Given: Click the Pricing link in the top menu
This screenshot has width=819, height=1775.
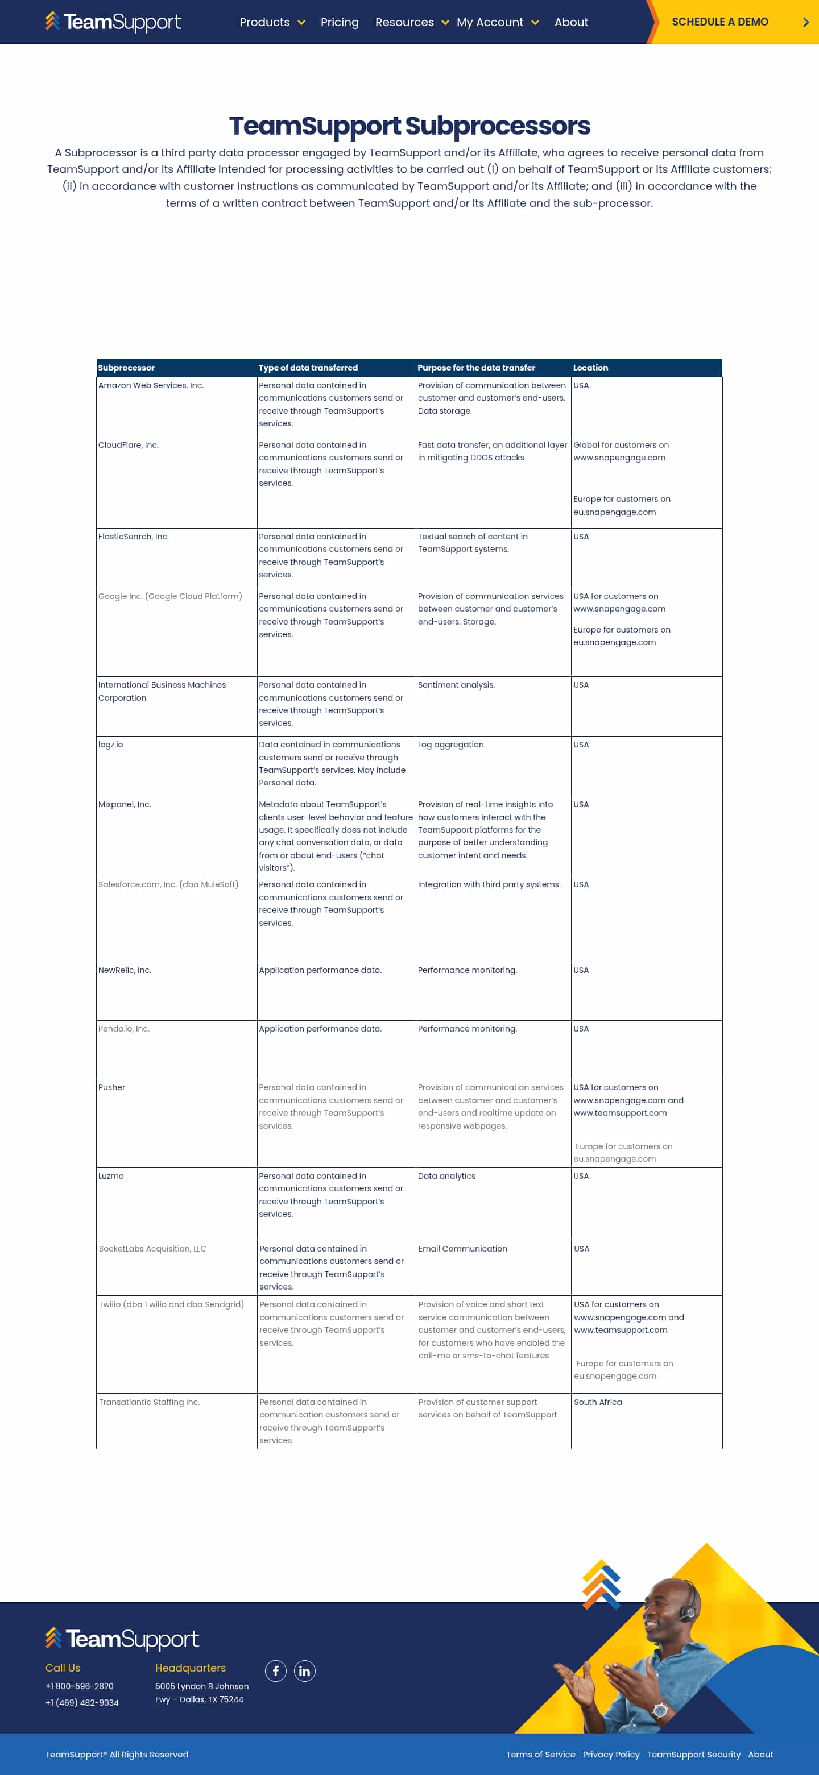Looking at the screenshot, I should click(339, 22).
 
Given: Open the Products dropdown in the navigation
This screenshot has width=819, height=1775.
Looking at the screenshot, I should click(272, 22).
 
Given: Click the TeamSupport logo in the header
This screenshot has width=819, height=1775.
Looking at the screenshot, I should click(114, 22).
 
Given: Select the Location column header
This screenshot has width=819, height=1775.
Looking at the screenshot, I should click(590, 368).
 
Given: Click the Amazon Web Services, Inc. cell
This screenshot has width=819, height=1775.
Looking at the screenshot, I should click(151, 385).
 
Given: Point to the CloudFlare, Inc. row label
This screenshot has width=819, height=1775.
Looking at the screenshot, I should click(128, 445).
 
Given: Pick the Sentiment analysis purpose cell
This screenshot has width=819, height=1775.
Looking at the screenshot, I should click(456, 685).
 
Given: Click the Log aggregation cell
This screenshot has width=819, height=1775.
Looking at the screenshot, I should click(452, 745).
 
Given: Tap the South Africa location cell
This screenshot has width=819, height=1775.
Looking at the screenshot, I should click(598, 1402).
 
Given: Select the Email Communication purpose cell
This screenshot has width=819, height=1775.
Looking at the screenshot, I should click(462, 1249).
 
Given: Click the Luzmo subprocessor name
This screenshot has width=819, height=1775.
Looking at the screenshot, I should click(111, 1176).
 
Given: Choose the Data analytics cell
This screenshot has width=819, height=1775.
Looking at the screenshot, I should click(446, 1176).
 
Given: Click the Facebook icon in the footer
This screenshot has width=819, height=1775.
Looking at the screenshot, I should click(276, 1671).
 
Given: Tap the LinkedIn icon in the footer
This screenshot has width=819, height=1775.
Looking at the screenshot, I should click(305, 1671).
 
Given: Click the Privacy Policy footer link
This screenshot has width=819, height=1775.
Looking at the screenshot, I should click(611, 1755).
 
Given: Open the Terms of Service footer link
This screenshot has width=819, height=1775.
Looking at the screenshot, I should click(540, 1755).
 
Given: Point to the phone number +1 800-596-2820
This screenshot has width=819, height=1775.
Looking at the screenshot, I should click(79, 1686).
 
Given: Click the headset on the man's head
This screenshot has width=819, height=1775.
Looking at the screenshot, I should click(686, 1610).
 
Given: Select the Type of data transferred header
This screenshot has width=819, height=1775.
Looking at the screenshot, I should click(308, 368).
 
